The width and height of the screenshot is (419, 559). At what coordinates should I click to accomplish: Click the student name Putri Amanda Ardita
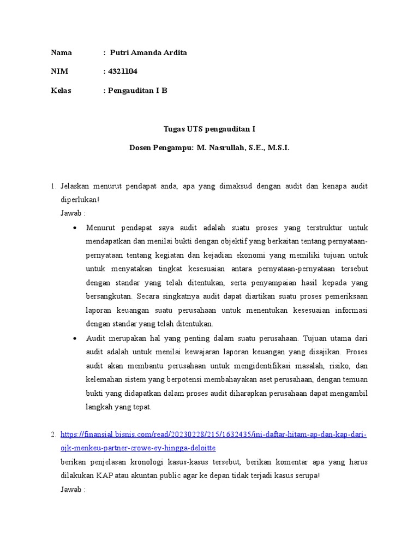pyautogui.click(x=148, y=53)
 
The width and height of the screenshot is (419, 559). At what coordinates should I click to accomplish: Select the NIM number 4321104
pyautogui.click(x=121, y=72)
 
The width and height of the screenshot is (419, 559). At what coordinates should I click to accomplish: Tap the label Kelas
pyautogui.click(x=61, y=90)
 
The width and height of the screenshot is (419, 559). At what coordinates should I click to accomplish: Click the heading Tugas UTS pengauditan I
pyautogui.click(x=209, y=129)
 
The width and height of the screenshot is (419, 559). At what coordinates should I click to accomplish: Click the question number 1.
pyautogui.click(x=53, y=187)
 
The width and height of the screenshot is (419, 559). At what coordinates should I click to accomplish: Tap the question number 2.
pyautogui.click(x=53, y=435)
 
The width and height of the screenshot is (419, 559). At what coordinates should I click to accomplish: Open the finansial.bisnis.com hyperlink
pyautogui.click(x=213, y=435)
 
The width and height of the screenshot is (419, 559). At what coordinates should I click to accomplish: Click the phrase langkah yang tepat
pyautogui.click(x=118, y=407)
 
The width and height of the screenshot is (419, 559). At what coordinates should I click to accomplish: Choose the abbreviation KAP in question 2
pyautogui.click(x=104, y=475)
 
